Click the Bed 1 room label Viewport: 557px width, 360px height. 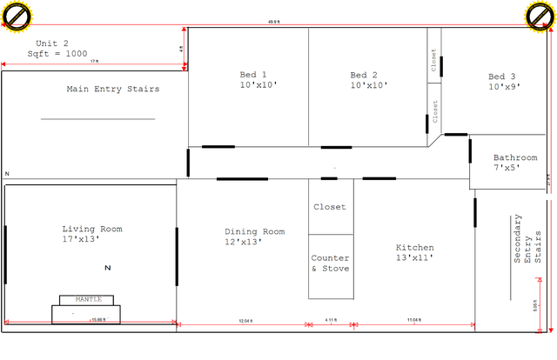[253, 80]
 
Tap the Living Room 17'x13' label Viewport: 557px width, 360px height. [91, 233]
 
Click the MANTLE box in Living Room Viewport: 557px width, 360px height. [88, 300]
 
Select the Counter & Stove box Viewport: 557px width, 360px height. [331, 263]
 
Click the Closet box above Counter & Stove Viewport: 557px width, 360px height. [330, 207]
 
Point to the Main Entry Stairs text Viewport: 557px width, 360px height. [113, 89]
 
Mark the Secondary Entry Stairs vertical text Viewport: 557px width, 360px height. [527, 238]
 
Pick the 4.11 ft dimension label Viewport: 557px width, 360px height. [331, 321]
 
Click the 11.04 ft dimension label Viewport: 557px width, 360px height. [413, 321]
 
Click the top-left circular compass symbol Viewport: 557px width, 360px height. [17, 16]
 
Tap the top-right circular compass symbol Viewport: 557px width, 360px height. [539, 16]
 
